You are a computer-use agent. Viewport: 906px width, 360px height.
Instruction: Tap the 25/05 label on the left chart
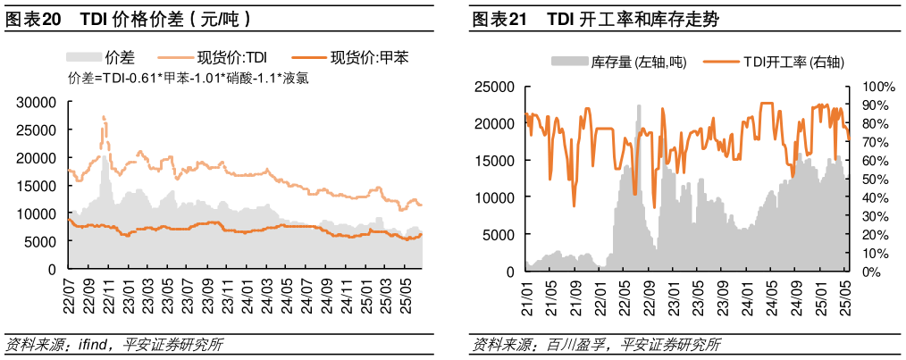[404, 295]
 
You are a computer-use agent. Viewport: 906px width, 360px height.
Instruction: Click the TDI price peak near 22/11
[104, 116]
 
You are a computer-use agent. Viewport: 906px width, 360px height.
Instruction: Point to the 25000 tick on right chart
[494, 87]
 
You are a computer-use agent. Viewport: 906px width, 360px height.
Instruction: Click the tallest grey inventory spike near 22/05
[639, 107]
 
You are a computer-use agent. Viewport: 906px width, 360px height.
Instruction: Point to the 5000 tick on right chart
[498, 234]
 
